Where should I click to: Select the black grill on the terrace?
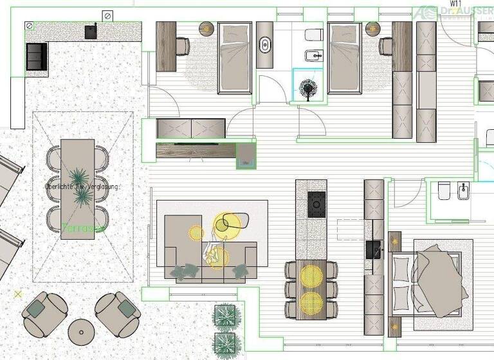(36, 57)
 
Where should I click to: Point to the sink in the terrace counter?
(91, 31)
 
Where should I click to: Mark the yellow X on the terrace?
(18, 294)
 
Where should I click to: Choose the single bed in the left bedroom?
(234, 58)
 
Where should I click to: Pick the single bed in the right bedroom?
(345, 58)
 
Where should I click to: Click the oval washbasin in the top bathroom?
(265, 46)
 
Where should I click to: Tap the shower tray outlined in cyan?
(309, 85)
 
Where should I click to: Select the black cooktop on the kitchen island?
(316, 203)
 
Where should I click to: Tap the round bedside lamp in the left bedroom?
(206, 28)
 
